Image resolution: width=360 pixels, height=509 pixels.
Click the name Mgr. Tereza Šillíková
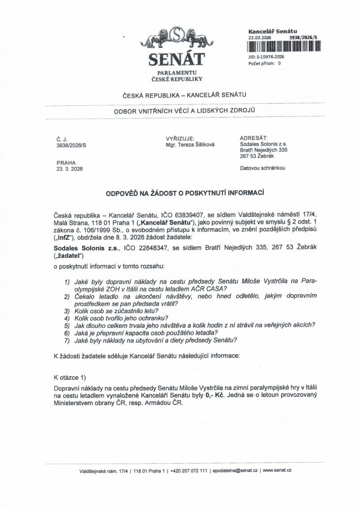pyautogui.click(x=190, y=145)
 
